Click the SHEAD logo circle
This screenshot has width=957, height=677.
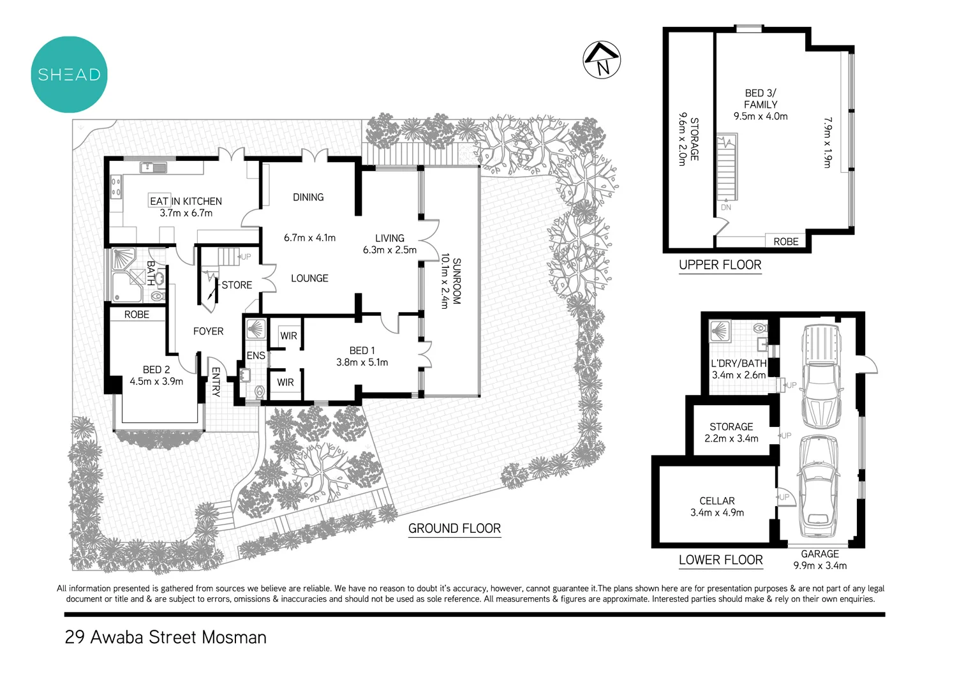click(69, 75)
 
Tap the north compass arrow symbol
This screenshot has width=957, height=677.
click(602, 60)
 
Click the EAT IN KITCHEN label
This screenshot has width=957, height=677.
click(186, 201)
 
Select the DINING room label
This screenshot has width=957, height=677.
click(308, 197)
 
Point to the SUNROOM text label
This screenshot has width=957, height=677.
click(456, 281)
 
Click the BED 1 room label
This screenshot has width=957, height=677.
click(362, 350)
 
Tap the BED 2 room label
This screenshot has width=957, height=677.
click(156, 369)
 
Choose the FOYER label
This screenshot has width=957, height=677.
click(208, 331)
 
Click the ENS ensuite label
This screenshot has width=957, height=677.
click(255, 355)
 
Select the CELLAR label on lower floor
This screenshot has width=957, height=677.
click(716, 501)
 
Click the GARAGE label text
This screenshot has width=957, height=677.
click(820, 554)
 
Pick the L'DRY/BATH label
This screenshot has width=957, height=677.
click(738, 363)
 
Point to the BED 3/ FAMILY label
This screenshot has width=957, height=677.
click(760, 98)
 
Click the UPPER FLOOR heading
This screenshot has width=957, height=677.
click(720, 265)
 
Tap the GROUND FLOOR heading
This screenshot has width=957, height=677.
click(454, 528)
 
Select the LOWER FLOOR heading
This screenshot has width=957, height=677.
click(720, 560)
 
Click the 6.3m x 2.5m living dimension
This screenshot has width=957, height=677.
click(389, 250)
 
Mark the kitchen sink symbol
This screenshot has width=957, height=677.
click(153, 168)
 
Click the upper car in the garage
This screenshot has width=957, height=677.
click(821, 376)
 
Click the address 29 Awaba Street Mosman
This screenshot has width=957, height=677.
click(165, 637)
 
